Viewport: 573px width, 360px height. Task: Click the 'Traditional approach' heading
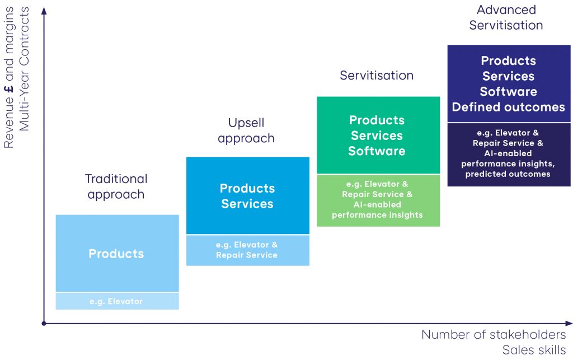[x=116, y=186]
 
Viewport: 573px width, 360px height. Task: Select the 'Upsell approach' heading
[x=246, y=130]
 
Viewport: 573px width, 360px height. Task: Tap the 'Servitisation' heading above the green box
[x=377, y=76]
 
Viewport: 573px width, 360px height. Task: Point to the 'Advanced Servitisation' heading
[x=506, y=17]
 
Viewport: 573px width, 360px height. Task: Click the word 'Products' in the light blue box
[x=116, y=254]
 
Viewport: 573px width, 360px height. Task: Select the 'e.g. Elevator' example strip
[x=116, y=301]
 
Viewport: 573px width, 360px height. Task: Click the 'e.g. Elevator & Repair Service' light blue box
[x=247, y=250]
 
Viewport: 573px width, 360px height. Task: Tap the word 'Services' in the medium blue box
[x=247, y=204]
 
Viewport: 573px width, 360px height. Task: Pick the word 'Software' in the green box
[x=377, y=151]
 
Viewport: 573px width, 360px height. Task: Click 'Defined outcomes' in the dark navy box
[x=508, y=107]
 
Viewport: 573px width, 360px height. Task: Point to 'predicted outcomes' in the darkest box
[x=508, y=174]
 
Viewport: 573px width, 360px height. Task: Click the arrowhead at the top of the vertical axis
[x=44, y=10]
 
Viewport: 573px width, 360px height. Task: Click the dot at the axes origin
[x=44, y=323]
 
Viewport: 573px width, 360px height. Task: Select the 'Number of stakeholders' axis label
[x=493, y=335]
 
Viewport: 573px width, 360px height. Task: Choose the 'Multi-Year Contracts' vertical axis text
[x=24, y=69]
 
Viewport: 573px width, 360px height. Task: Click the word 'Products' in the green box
[x=377, y=120]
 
